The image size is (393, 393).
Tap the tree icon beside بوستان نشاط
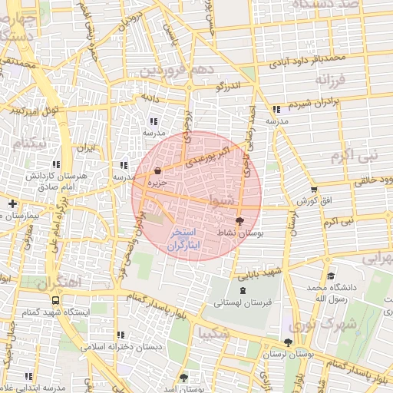pos(240,220)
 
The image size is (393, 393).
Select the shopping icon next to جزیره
pos(157,171)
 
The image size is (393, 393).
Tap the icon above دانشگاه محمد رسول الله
pos(331,276)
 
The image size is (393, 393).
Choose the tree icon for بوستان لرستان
pos(288,342)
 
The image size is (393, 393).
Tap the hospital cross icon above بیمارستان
pos(12,203)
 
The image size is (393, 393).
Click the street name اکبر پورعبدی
pos(210,150)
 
